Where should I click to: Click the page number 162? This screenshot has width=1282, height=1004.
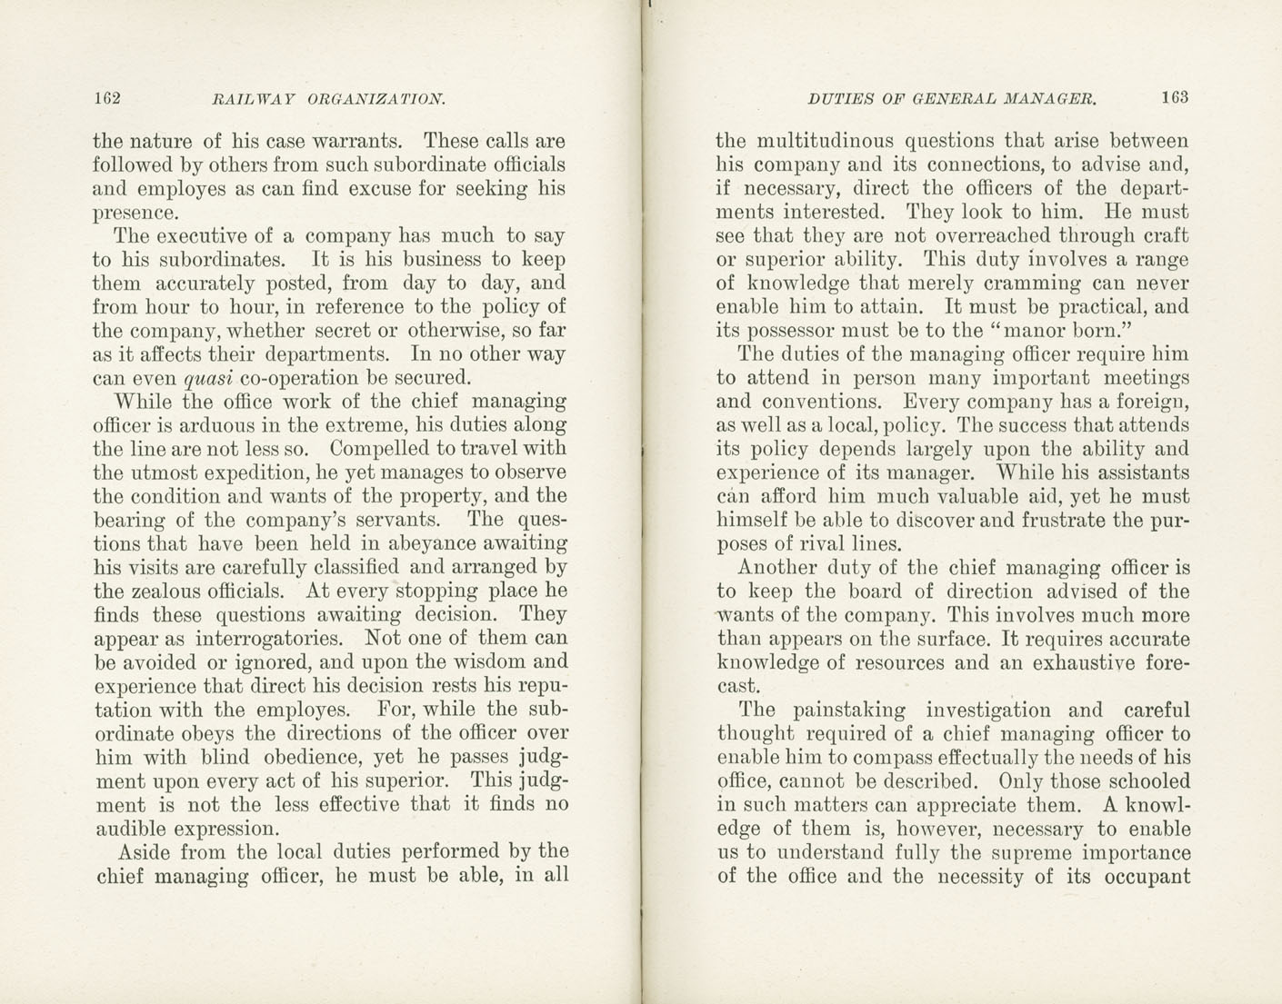107,98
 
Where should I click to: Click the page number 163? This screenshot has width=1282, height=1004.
1174,96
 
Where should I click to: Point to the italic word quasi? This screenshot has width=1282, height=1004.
204,378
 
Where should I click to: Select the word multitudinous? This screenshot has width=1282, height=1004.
827,142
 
